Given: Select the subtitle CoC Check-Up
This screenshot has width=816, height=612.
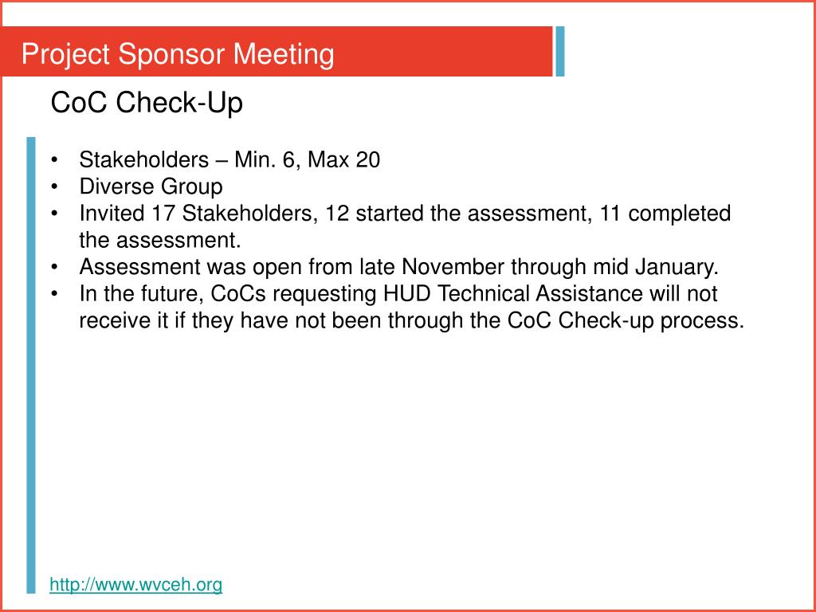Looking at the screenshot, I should [147, 103].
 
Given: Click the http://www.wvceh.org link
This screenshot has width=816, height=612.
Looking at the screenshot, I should [135, 585].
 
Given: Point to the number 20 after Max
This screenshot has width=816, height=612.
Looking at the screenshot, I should [367, 160].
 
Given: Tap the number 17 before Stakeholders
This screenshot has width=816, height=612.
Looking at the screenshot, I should [163, 214].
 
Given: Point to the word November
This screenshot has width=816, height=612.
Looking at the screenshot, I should [454, 267].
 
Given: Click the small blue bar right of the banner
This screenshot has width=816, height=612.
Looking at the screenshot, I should [560, 52].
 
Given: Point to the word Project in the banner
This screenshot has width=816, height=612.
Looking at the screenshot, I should [66, 55].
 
